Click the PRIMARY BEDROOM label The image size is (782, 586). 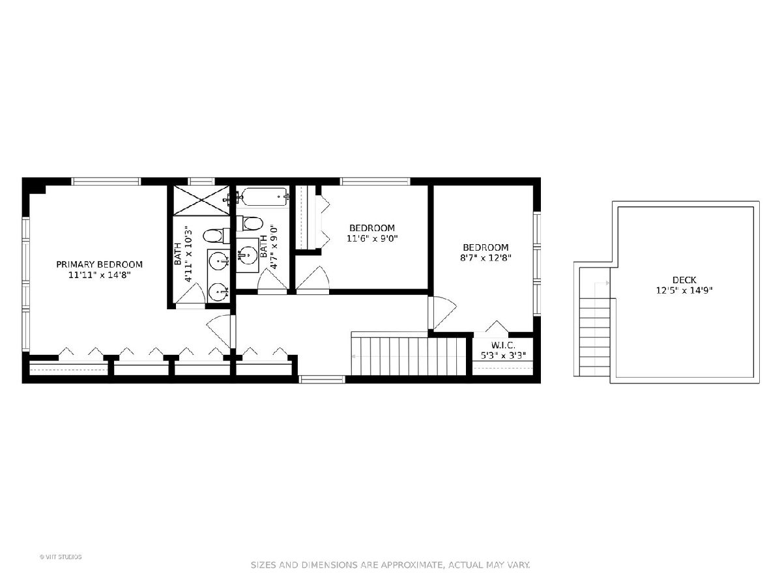click(100, 264)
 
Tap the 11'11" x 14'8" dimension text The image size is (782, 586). click(100, 275)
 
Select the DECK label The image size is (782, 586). click(684, 280)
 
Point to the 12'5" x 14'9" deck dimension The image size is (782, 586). click(684, 290)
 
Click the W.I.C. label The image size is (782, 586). click(503, 345)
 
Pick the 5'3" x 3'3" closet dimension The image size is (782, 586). click(503, 356)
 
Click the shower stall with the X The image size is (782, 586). click(201, 201)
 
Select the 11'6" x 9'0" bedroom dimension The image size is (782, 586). click(372, 238)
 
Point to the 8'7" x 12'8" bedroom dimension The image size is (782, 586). click(485, 258)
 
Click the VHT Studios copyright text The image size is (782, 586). click(61, 557)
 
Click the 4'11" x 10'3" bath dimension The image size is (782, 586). click(188, 254)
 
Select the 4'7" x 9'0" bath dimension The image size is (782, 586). click(274, 251)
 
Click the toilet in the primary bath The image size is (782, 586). click(216, 236)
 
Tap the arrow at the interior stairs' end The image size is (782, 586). click(354, 356)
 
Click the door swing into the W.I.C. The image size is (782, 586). click(497, 327)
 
